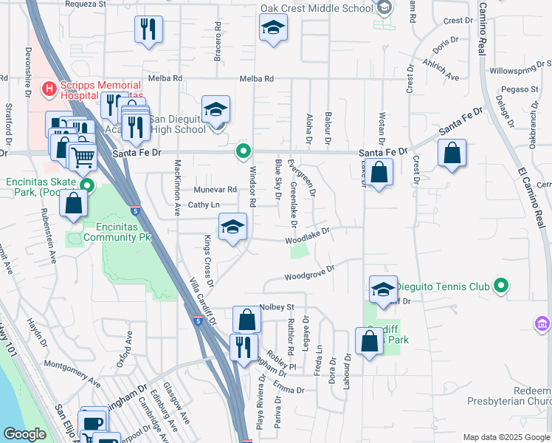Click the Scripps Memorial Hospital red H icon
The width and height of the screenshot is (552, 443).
tap(49, 89)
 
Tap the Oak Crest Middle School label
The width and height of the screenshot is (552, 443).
tap(317, 10)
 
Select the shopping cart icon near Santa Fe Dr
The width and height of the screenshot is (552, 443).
tap(83, 157)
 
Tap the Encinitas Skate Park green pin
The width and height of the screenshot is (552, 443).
tap(88, 185)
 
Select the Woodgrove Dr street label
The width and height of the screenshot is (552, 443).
tap(310, 273)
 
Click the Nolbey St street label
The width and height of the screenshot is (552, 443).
tap(277, 307)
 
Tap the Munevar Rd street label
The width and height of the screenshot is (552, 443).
tap(215, 189)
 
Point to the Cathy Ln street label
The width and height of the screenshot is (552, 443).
tap(204, 205)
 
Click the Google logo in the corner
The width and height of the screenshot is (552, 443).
tap(24, 433)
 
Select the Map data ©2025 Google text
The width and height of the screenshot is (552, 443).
tap(506, 437)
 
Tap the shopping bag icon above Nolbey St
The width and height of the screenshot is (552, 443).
tap(247, 320)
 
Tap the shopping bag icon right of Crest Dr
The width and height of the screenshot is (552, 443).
tap(452, 154)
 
